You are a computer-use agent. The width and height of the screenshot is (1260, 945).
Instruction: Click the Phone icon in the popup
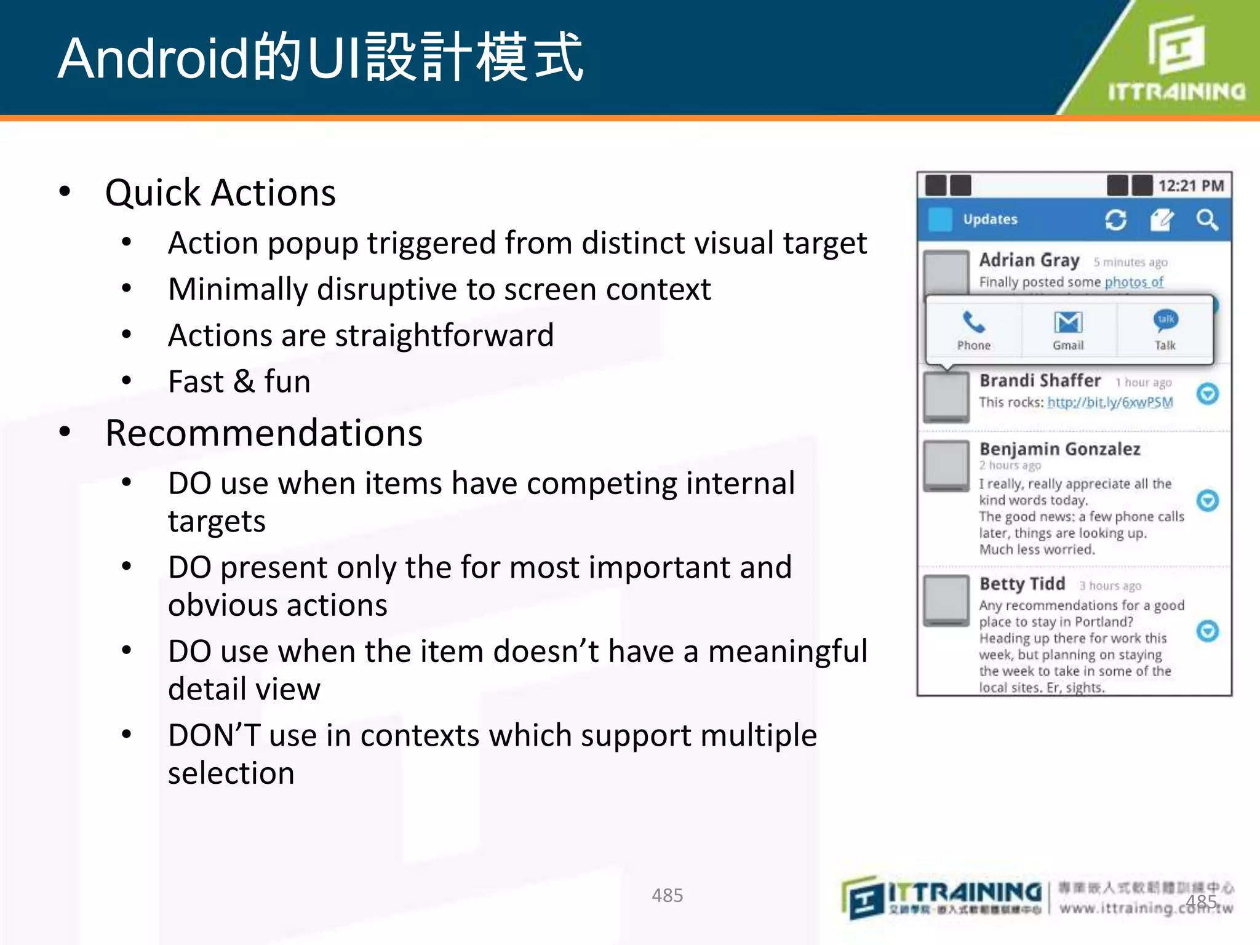973,322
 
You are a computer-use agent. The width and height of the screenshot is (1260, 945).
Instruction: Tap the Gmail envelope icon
1068,322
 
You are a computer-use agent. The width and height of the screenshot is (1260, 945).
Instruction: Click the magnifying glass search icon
1206,220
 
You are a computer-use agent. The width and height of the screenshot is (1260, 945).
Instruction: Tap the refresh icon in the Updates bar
1115,220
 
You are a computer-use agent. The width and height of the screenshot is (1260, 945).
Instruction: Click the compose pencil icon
1162,220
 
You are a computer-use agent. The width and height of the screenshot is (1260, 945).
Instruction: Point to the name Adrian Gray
1029,260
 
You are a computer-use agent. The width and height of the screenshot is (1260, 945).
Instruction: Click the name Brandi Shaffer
1040,381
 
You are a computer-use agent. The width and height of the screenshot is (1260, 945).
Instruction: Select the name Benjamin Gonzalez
1059,449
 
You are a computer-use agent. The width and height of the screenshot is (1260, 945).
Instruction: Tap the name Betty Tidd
1022,584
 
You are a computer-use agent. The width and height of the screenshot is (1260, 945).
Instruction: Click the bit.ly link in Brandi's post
1110,402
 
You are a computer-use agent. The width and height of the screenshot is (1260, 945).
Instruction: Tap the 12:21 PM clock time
1191,186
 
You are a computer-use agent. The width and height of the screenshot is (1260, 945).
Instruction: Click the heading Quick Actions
220,193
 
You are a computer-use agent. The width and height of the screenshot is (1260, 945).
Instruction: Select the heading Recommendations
264,433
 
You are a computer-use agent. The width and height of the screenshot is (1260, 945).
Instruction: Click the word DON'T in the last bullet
214,735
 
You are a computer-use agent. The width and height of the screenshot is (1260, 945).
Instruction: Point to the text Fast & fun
239,381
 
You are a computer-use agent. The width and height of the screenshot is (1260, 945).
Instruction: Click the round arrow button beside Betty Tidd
1208,631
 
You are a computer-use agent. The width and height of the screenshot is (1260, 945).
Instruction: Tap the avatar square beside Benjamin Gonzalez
946,465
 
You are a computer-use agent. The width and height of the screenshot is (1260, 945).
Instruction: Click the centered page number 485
667,895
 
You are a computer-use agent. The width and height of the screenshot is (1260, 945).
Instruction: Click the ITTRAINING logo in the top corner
1175,58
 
